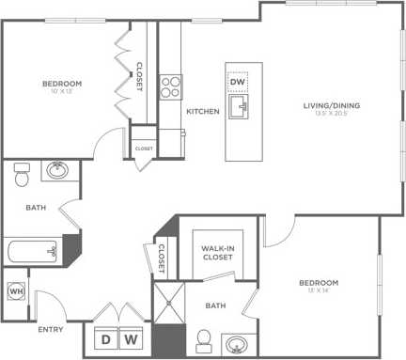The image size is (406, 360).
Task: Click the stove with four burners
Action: pyautogui.click(x=170, y=87)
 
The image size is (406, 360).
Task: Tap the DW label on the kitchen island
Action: pyautogui.click(x=237, y=83)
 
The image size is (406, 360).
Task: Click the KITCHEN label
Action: pyautogui.click(x=202, y=111)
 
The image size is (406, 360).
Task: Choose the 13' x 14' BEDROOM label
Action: pyautogui.click(x=319, y=285)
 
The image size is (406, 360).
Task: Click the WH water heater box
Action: pyautogui.click(x=14, y=291)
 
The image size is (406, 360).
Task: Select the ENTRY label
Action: pyautogui.click(x=50, y=330)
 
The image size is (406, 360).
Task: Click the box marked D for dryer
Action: pyautogui.click(x=106, y=338)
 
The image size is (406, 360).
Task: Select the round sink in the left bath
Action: pyautogui.click(x=58, y=171)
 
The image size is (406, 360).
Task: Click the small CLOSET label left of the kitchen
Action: pyautogui.click(x=144, y=149)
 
